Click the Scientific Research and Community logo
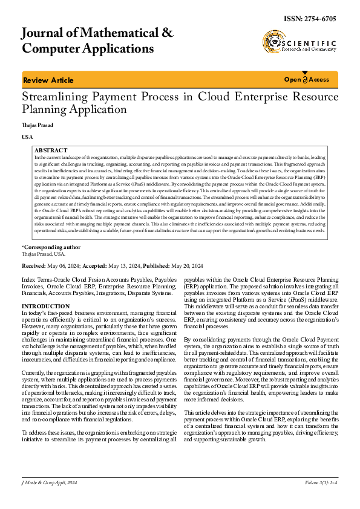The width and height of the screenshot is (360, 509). click(299, 44)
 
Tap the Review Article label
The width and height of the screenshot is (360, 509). click(48, 80)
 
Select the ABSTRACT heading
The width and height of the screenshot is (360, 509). click(51, 149)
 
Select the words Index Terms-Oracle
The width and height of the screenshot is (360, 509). click(46, 281)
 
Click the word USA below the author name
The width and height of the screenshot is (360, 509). click(27, 138)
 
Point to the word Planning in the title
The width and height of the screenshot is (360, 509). click(45, 109)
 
